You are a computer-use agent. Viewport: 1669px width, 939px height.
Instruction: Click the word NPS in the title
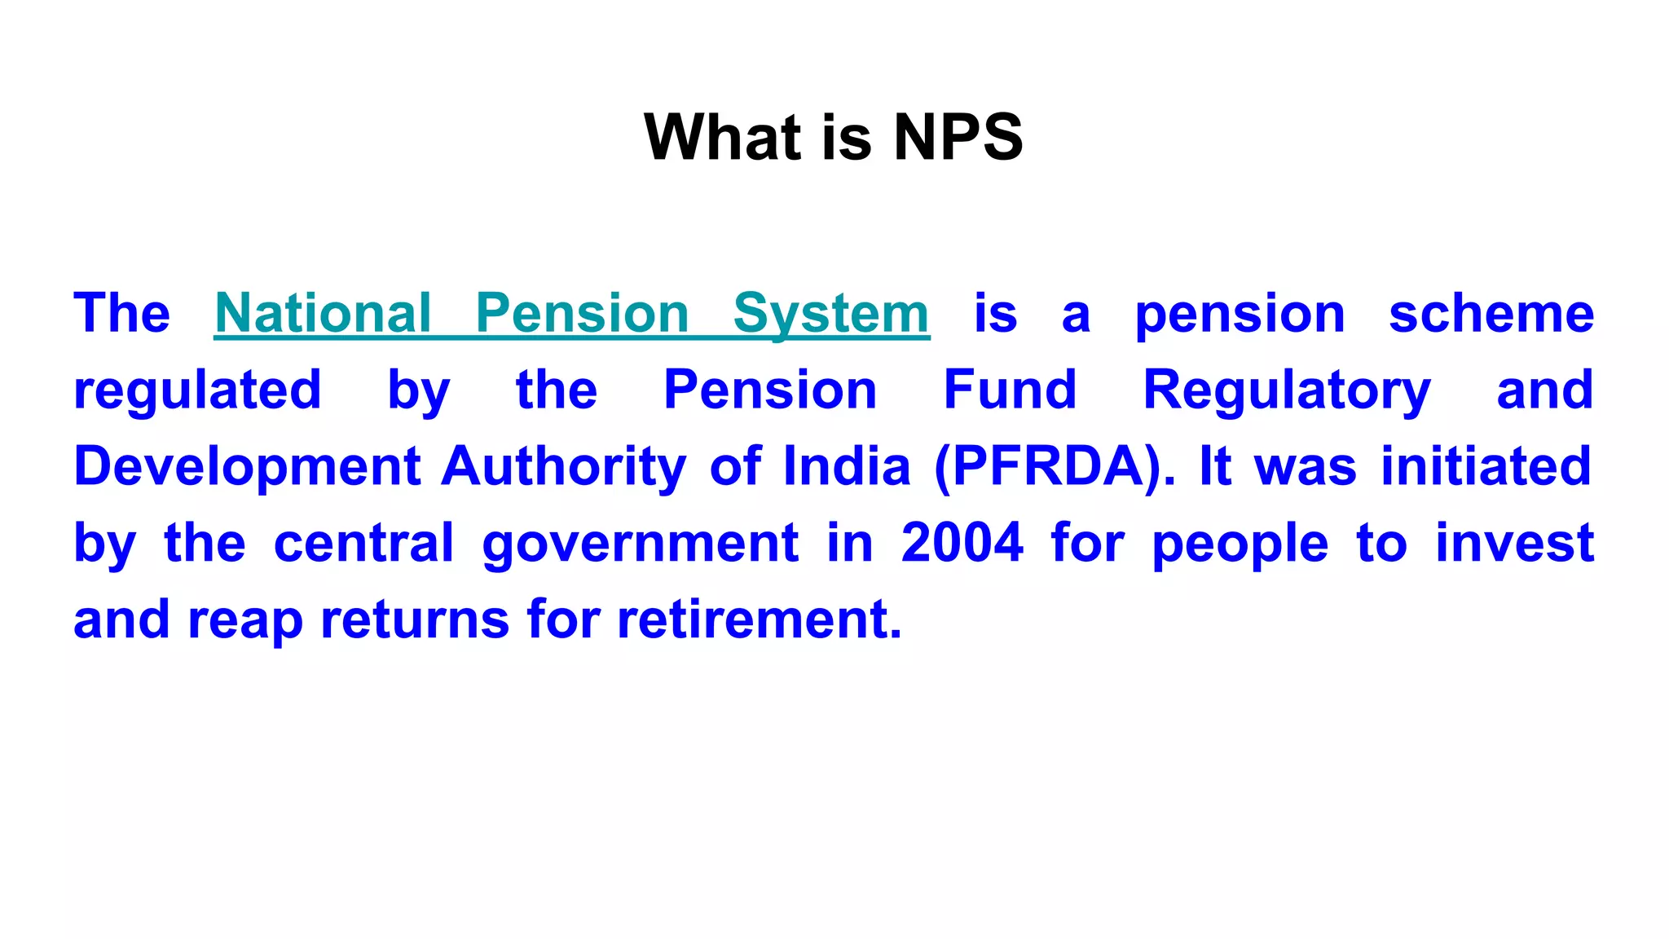(958, 137)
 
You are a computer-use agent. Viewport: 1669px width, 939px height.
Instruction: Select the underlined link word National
(323, 313)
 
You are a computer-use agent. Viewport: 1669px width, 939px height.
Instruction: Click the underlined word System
(831, 313)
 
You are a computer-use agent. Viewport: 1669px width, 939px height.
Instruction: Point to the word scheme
(1491, 313)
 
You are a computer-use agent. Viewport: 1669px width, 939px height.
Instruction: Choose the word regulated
(197, 390)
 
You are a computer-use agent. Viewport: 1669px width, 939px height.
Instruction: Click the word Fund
(1010, 390)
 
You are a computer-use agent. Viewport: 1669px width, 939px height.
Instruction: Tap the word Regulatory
(1287, 390)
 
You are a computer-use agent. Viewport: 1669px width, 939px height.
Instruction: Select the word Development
(247, 466)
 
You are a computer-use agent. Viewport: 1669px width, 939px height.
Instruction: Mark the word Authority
(563, 466)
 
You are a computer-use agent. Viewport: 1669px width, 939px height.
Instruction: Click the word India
(847, 466)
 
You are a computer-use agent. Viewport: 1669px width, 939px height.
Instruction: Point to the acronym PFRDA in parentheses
(1055, 466)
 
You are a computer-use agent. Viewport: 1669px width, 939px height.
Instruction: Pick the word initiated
(1486, 466)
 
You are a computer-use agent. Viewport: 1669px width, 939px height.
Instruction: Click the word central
(363, 543)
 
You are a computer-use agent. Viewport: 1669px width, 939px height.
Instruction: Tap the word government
(641, 543)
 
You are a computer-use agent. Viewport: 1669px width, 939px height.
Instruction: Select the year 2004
(962, 543)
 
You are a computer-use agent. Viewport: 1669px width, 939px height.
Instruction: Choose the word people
(1240, 543)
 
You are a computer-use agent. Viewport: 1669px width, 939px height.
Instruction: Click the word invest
(1514, 543)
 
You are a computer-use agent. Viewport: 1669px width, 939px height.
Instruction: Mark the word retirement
(760, 619)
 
